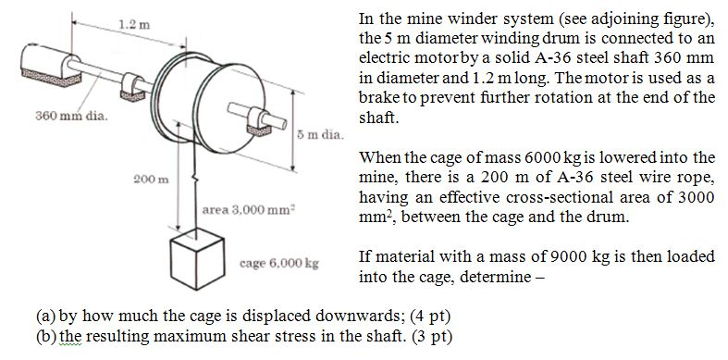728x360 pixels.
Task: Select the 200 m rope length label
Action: tap(143, 178)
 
